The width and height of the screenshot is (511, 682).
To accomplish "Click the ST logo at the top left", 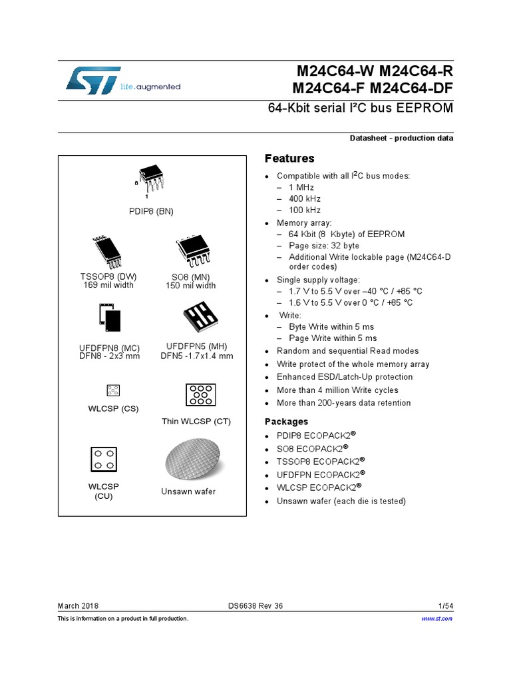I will point(92,80).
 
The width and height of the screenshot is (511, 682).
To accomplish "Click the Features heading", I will point(289,159).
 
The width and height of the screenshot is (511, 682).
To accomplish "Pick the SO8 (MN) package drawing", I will point(192,252).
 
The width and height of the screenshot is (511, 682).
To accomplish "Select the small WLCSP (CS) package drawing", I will point(112,390).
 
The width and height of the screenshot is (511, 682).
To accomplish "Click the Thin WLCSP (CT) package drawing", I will point(197,395).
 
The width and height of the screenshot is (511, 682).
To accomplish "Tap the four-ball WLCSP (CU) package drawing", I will point(103,459).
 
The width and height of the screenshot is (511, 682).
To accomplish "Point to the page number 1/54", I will point(445,605).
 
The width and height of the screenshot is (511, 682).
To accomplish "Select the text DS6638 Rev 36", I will point(255,605).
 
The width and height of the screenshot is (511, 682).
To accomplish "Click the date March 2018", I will point(78,605).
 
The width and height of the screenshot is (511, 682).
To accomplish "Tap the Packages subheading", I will point(286,422).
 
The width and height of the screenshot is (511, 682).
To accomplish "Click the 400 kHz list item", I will point(305,198).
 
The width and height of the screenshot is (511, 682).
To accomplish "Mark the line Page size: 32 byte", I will point(324,246).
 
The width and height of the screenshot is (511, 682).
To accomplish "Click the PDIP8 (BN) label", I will point(151,212).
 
